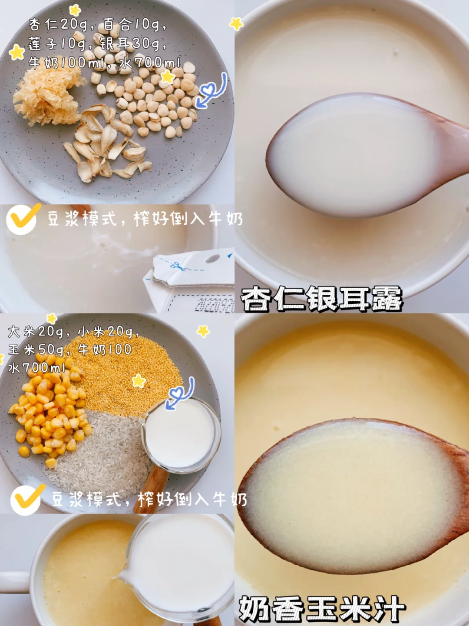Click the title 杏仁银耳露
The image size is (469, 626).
[x=321, y=299]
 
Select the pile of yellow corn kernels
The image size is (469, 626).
[x=48, y=417]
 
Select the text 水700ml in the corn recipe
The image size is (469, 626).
[x=36, y=368]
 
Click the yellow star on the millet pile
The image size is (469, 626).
[x=139, y=381]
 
